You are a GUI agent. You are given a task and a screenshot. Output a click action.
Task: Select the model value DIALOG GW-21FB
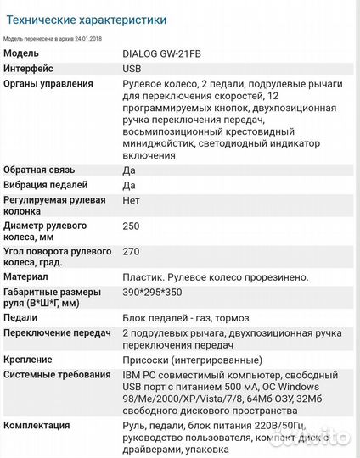(165, 53)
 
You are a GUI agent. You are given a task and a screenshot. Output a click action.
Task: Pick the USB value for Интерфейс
(132, 68)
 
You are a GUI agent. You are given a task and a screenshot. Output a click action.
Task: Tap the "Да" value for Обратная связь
(129, 170)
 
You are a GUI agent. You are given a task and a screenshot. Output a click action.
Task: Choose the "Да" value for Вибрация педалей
(129, 185)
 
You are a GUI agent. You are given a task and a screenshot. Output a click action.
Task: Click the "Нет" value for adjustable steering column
(132, 201)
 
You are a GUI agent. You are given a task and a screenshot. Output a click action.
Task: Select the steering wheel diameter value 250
(131, 227)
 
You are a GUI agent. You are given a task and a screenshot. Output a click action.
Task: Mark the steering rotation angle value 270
(131, 253)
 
